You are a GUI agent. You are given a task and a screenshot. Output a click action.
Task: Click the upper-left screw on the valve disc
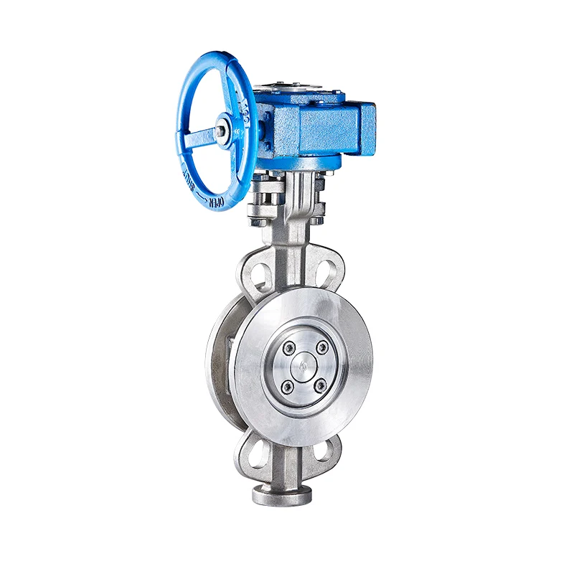(x=289, y=348)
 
